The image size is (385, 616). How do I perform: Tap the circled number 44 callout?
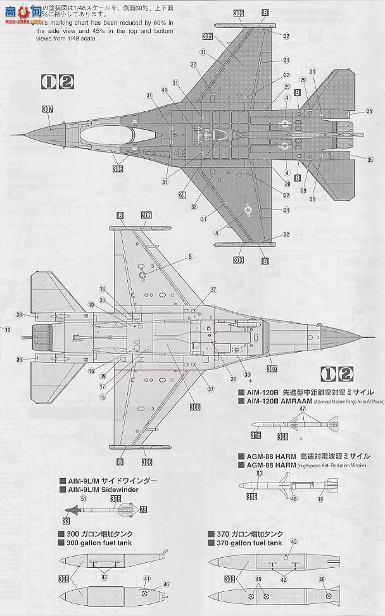(x=164, y=91)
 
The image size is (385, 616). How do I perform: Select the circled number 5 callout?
(x=189, y=257)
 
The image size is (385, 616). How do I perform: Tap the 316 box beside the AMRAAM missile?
(x=256, y=434)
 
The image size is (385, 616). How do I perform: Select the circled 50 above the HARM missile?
(x=258, y=473)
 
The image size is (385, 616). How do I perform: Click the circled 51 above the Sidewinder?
(x=83, y=497)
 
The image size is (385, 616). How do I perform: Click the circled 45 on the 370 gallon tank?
(x=293, y=542)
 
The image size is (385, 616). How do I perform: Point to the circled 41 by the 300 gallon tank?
(x=147, y=579)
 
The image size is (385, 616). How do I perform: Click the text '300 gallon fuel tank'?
(x=102, y=543)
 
